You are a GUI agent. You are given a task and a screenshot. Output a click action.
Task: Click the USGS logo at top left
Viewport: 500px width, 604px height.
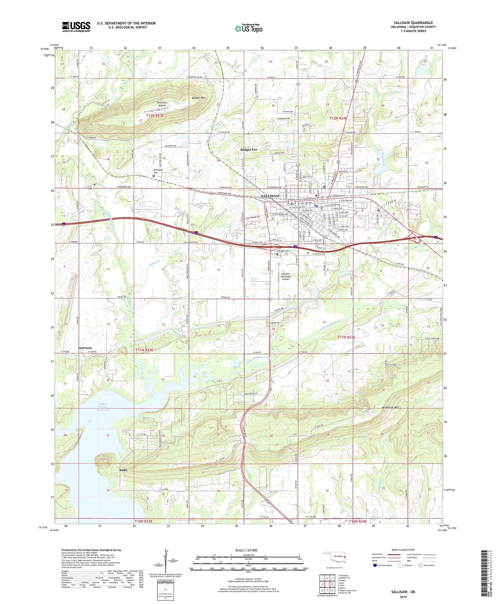click(76, 27)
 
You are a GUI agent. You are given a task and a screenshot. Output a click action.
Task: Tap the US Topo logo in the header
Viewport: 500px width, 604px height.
click(248, 28)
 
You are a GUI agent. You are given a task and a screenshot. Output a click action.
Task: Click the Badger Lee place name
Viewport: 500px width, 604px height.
click(249, 149)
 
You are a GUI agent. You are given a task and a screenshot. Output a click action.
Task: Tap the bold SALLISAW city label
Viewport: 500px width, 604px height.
click(270, 196)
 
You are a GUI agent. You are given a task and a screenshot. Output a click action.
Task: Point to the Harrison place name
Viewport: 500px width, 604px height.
click(85, 348)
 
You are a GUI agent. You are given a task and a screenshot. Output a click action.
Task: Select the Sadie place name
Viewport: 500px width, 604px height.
click(124, 470)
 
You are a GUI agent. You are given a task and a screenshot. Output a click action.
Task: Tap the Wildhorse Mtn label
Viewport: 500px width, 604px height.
click(390, 408)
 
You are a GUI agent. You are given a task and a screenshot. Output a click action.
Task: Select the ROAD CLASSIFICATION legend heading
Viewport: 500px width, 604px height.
click(403, 550)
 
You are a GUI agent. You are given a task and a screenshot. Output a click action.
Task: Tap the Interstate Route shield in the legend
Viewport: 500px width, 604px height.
click(375, 565)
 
